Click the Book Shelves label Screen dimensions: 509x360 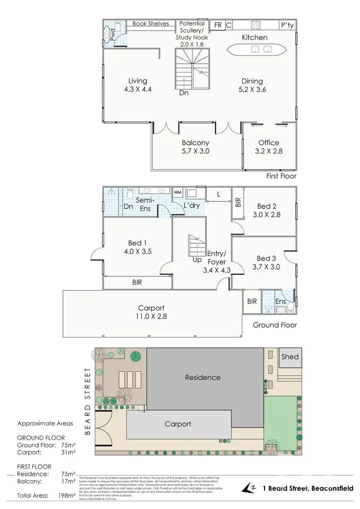[151, 24]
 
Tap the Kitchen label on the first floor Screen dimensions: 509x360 [254, 37]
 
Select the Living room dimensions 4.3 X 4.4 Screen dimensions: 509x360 [137, 89]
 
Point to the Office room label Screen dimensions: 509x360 [269, 142]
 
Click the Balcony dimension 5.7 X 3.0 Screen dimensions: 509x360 [196, 151]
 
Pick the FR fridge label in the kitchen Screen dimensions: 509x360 [218, 25]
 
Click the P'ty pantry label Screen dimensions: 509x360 [288, 25]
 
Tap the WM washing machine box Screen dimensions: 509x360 [177, 192]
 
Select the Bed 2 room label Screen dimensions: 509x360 [264, 206]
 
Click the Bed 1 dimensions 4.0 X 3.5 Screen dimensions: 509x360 [137, 251]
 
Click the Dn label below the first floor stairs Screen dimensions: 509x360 [184, 93]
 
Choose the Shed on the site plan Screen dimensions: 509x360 [290, 356]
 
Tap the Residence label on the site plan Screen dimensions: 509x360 [203, 378]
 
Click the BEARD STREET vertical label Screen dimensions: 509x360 [87, 401]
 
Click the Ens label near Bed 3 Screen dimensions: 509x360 [281, 301]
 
